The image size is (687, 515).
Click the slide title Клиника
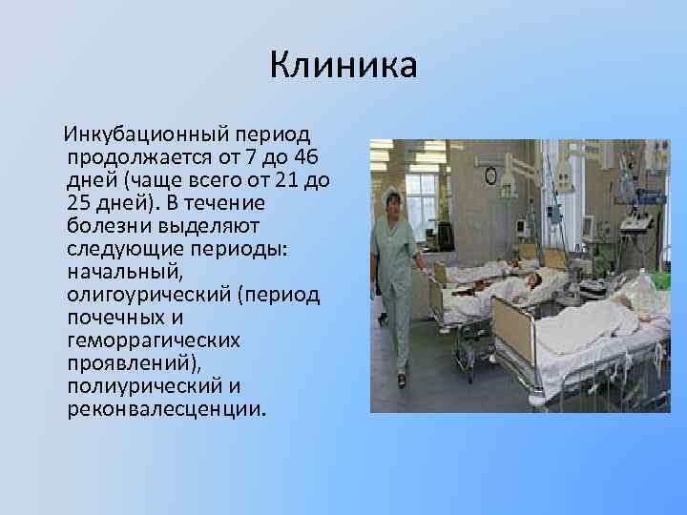(343, 66)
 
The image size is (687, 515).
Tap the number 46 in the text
(308, 156)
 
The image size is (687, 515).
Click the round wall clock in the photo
(490, 175)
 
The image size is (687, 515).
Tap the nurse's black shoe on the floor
(402, 381)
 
